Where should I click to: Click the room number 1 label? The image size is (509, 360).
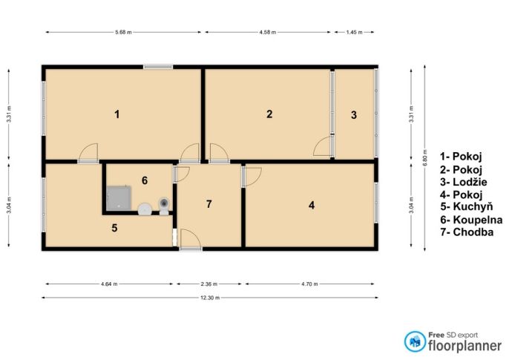117,114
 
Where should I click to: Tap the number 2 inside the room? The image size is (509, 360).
269,114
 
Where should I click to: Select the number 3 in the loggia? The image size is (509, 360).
354,115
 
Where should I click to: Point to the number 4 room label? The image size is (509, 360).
312,205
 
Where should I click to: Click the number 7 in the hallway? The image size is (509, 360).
209,204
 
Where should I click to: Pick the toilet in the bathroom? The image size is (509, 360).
164,206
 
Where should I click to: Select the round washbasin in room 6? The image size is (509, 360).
145,209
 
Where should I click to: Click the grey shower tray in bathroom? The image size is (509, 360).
119,198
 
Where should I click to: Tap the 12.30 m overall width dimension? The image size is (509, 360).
210,298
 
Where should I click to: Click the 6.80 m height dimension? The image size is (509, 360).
425,157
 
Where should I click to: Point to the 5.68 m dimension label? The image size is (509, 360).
123,32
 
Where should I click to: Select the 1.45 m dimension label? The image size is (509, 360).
354,32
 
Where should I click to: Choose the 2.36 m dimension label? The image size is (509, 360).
209,284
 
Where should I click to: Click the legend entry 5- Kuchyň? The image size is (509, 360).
467,206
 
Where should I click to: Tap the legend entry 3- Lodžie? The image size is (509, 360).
464,182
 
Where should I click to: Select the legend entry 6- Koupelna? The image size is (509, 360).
471,220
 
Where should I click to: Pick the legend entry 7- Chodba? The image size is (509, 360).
467,232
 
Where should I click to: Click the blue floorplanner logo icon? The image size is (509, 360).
415,341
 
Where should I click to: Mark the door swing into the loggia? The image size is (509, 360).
322,146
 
